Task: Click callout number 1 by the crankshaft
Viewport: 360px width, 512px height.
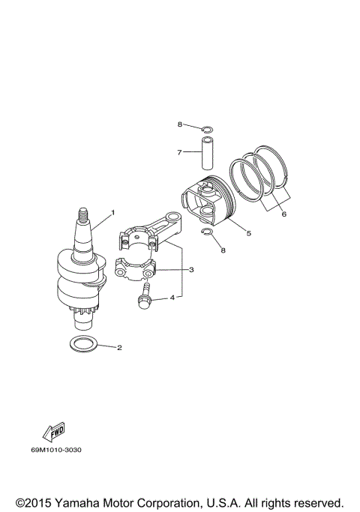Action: (x=112, y=213)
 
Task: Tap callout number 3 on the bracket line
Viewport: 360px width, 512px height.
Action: (x=191, y=269)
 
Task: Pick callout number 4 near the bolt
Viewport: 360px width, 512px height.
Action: (x=172, y=298)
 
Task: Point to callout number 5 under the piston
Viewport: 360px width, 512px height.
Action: (x=248, y=233)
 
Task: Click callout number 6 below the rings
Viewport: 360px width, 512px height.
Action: (x=283, y=214)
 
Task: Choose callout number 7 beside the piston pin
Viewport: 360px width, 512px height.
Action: (x=179, y=153)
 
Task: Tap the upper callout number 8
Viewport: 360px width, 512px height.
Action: (x=180, y=124)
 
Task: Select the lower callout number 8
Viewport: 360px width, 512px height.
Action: (x=223, y=250)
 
